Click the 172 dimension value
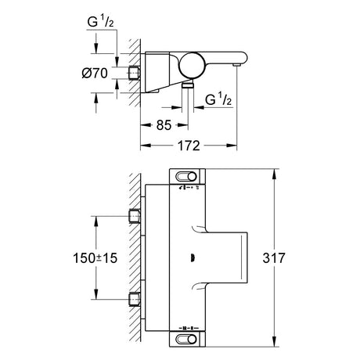[x=189, y=146]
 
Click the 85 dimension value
[x=164, y=125]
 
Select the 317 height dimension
[x=274, y=258]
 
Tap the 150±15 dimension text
[x=95, y=258]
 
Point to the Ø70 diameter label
[x=95, y=74]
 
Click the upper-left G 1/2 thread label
[x=100, y=22]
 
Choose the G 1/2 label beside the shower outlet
[x=218, y=99]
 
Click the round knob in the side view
[x=193, y=66]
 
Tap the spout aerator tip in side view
[x=236, y=64]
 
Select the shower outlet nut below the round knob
[x=188, y=85]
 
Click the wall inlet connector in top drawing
[x=135, y=73]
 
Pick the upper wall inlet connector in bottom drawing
[x=135, y=217]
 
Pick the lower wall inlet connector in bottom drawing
[x=135, y=299]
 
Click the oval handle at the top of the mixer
[x=186, y=177]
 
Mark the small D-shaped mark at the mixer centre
[x=193, y=258]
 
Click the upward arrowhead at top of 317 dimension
[x=274, y=174]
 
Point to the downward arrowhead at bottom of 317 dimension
[x=274, y=341]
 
